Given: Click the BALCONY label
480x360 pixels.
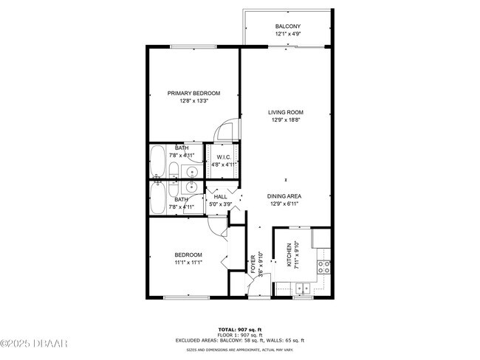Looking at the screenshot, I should click(288, 27).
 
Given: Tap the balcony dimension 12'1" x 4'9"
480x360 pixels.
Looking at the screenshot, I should click(288, 35).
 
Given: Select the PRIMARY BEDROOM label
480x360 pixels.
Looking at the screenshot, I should click(193, 93).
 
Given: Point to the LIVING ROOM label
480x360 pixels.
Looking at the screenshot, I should click(285, 112).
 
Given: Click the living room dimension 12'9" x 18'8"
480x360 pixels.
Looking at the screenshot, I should click(285, 120).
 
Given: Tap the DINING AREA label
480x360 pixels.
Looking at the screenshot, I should click(285, 196).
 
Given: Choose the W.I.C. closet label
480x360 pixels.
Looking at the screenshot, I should click(224, 156).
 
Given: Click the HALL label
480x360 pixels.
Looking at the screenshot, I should click(221, 196).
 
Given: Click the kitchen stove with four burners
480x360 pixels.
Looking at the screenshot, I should click(323, 268).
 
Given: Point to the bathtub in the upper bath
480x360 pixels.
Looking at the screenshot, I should click(157, 162).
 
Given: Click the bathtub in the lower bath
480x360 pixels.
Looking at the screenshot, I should click(157, 198).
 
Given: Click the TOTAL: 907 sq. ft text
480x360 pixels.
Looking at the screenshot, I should click(240, 329).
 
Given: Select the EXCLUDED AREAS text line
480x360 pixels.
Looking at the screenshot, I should click(240, 340).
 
